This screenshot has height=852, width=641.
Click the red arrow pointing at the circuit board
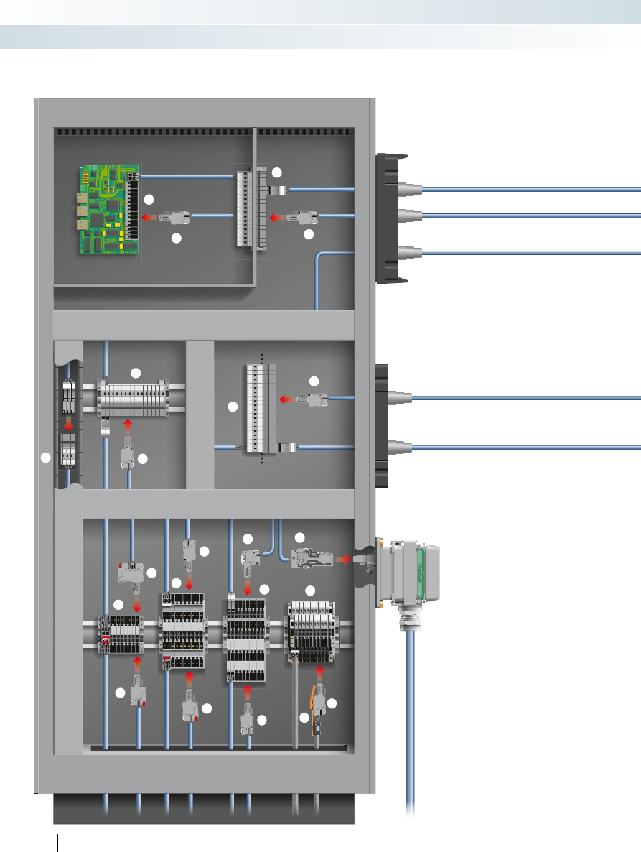coord(149,216)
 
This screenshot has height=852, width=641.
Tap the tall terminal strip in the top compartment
coord(248,209)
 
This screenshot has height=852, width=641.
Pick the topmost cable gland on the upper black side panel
coord(408,190)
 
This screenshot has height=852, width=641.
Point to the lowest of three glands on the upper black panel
coord(408,252)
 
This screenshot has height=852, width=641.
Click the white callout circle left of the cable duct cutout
coord(46,458)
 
